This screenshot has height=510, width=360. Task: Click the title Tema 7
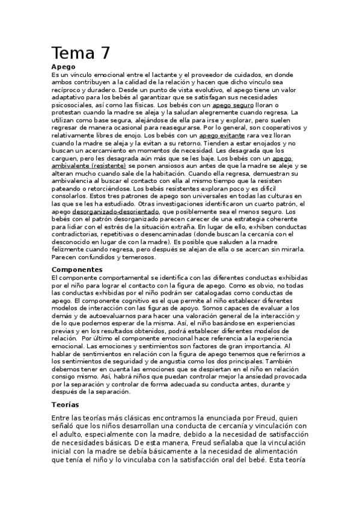point(81,53)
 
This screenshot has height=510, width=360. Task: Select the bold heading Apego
point(63,66)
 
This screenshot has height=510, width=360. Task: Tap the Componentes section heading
point(78,269)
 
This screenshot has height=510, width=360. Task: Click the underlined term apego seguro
point(233,105)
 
